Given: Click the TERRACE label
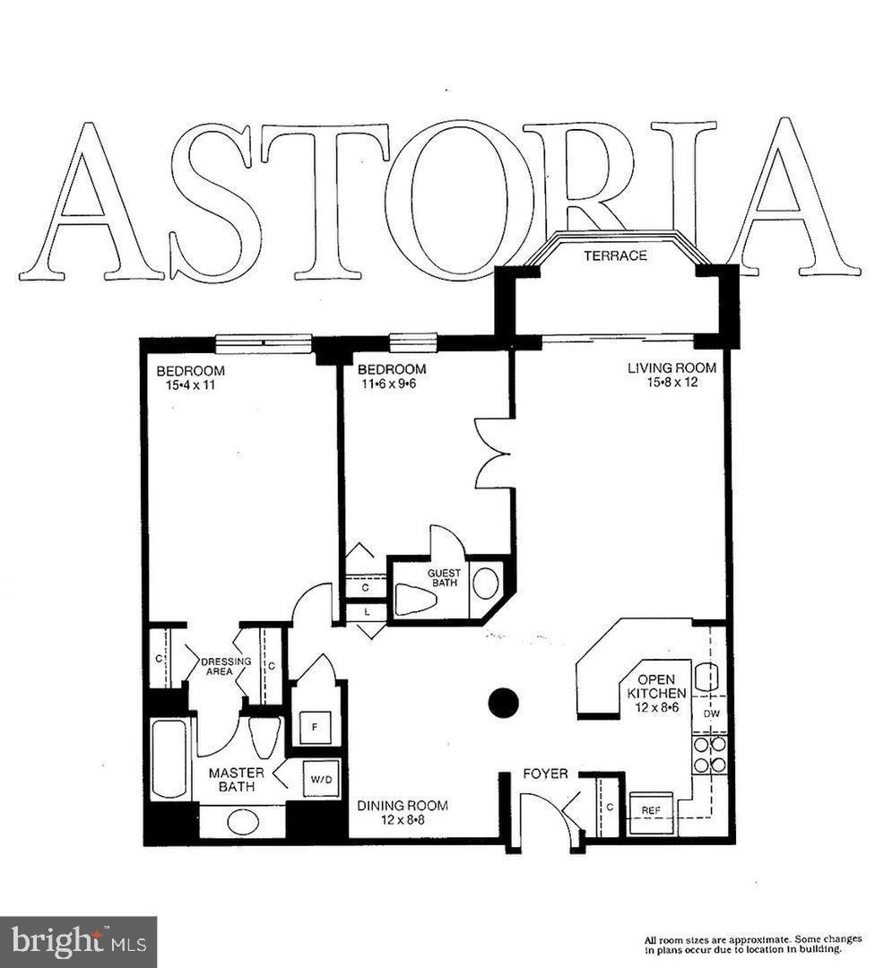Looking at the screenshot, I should (615, 255).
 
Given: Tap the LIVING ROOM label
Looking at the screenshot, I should (671, 367).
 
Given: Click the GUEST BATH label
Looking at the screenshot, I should (443, 578).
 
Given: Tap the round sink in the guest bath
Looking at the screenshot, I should (486, 583).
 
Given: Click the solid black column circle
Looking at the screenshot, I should (504, 703).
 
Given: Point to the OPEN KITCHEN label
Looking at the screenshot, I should (656, 686).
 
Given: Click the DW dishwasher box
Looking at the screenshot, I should (711, 713).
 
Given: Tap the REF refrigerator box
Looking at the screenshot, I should (651, 810).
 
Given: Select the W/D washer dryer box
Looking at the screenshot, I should (321, 779).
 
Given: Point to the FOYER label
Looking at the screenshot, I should (545, 774).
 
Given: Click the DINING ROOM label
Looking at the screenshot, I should (403, 806).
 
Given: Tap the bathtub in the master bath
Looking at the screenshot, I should (169, 758).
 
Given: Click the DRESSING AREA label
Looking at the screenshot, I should (219, 667).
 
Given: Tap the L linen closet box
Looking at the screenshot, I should (368, 611).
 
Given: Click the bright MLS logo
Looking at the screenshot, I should (78, 942).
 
